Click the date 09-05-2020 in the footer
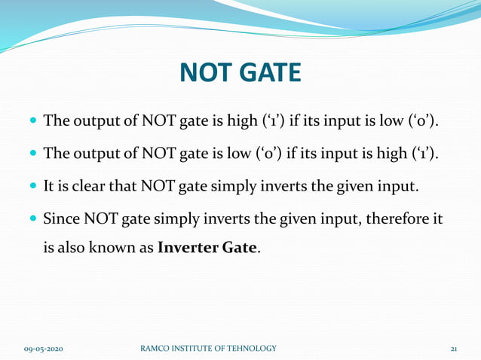pyautogui.click(x=43, y=349)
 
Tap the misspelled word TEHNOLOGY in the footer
pyautogui.click(x=249, y=348)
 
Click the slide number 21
pyautogui.click(x=454, y=349)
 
